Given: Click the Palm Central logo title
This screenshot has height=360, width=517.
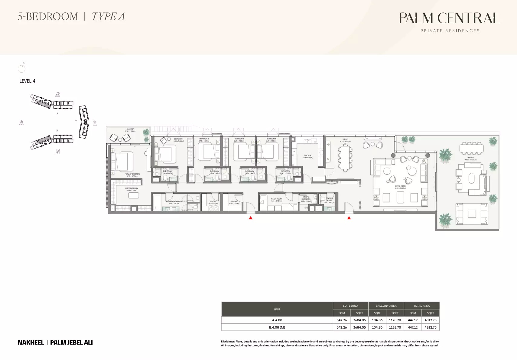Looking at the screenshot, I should tap(450, 18).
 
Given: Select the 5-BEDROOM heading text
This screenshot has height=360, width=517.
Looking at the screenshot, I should tap(48, 17).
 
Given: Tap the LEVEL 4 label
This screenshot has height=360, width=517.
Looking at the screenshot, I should tap(27, 81).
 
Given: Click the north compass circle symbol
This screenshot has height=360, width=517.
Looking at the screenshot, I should tap(21, 69).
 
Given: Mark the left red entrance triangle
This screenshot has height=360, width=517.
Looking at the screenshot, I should tap(250, 218).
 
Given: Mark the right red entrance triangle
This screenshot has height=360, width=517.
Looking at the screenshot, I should tap(349, 218).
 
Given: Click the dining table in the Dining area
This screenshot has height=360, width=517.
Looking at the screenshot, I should tap(345, 157).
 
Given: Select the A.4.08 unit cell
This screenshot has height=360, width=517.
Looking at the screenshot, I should tap(277, 320).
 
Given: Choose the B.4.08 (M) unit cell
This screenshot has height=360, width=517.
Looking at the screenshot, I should tap(277, 327).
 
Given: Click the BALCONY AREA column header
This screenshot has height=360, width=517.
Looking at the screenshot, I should tap(386, 306).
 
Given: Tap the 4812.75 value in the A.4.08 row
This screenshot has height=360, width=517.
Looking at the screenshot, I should tap(431, 320).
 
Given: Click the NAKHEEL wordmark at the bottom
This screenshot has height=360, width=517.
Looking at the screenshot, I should tap(31, 342).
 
